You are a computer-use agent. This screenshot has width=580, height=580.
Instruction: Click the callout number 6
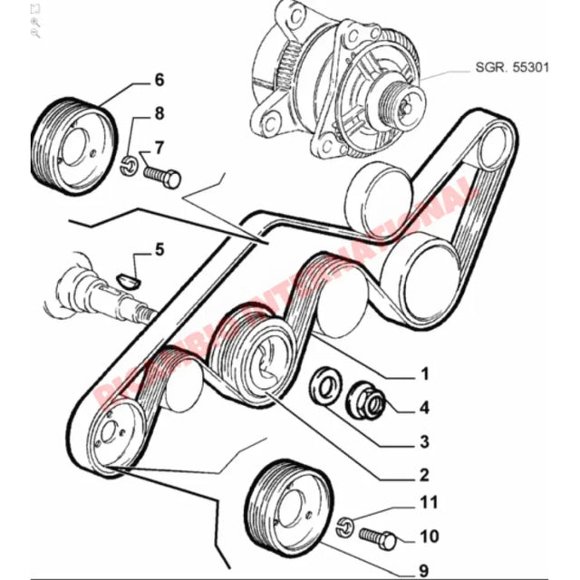point(159,81)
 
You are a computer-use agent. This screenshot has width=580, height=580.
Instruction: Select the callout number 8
point(159,113)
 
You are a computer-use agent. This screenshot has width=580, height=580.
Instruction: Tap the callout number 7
point(159,147)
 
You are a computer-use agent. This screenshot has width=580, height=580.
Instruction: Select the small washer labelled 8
point(129,164)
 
